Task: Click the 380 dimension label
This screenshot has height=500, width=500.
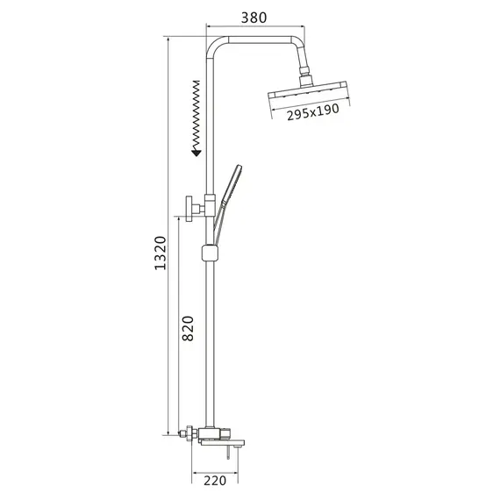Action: click(254, 18)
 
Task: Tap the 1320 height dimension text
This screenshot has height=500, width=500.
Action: click(161, 254)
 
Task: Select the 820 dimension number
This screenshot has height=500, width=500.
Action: click(188, 328)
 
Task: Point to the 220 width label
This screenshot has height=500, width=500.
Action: click(215, 480)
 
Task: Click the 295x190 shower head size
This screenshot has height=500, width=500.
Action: click(313, 111)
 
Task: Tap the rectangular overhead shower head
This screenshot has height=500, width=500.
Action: click(308, 90)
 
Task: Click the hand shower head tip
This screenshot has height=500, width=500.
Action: click(239, 167)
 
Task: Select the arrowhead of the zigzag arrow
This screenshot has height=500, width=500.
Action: click(196, 153)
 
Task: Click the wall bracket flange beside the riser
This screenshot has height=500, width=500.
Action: click(189, 209)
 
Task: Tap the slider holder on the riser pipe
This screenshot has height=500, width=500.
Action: click(211, 253)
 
